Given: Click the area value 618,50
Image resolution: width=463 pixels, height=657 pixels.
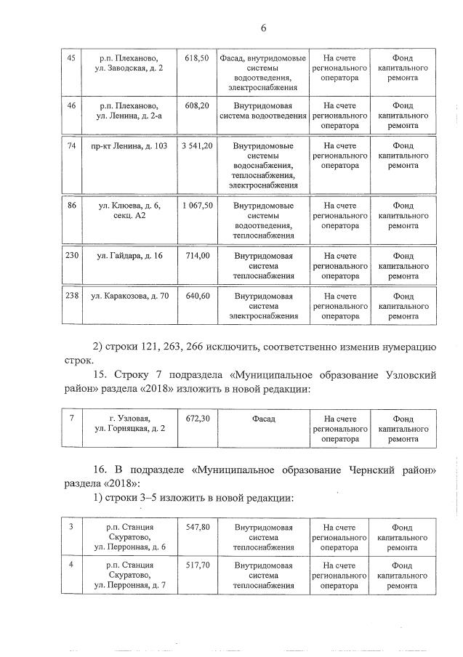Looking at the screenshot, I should coord(197,57).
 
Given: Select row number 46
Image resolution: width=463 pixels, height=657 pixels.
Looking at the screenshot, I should coord(71,105).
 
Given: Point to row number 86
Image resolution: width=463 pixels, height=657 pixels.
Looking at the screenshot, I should coord(71,206).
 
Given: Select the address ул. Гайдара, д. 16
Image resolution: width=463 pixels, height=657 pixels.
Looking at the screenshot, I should coord(124,256).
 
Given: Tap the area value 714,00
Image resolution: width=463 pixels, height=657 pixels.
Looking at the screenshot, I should coord(197,256).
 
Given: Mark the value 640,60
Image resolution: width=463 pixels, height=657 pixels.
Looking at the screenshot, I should coord(197,296).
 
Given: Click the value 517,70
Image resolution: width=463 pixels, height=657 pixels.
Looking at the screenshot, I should coord(197,565).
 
